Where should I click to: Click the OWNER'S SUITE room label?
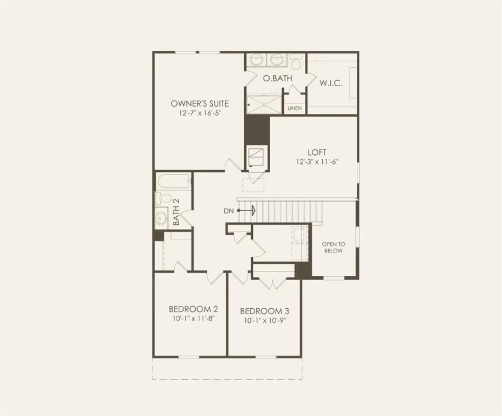pyautogui.click(x=199, y=103)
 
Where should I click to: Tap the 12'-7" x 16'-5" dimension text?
pyautogui.click(x=199, y=114)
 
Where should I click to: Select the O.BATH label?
pyautogui.click(x=278, y=79)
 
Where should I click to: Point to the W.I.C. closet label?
pyautogui.click(x=330, y=83)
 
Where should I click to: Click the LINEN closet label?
pyautogui.click(x=294, y=108)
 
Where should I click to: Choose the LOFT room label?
pyautogui.click(x=317, y=152)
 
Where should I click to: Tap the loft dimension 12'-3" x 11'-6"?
pyautogui.click(x=317, y=162)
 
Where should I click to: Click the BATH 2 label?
pyautogui.click(x=176, y=212)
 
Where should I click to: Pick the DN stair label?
pyautogui.click(x=229, y=211)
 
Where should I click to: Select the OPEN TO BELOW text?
pyautogui.click(x=334, y=247)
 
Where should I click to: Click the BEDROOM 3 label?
pyautogui.click(x=264, y=311)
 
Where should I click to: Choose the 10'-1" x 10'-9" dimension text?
pyautogui.click(x=264, y=321)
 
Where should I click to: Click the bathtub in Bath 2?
pyautogui.click(x=173, y=181)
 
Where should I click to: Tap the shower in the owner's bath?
pyautogui.click(x=264, y=104)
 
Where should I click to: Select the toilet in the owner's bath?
pyautogui.click(x=296, y=63)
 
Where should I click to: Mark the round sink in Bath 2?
pyautogui.click(x=162, y=218)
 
